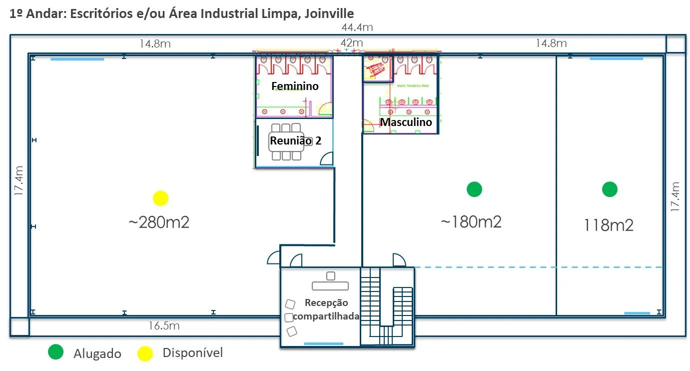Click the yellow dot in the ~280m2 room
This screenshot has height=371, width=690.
pyautogui.click(x=160, y=198)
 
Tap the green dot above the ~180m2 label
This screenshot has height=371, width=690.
pyautogui.click(x=474, y=189)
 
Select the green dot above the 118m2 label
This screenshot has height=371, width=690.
pyautogui.click(x=610, y=189)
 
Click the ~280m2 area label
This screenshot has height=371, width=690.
pyautogui.click(x=159, y=222)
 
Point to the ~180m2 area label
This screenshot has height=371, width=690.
pyautogui.click(x=471, y=221)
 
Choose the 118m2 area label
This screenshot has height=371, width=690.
pyautogui.click(x=609, y=225)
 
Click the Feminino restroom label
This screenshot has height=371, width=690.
pyautogui.click(x=295, y=86)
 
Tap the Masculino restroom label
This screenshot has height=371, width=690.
pyautogui.click(x=406, y=122)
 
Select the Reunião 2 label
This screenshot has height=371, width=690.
pyautogui.click(x=295, y=141)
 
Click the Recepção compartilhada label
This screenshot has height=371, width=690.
pyautogui.click(x=326, y=309)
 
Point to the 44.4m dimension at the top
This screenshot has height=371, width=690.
pyautogui.click(x=357, y=27)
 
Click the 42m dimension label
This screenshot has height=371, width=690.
pyautogui.click(x=352, y=43)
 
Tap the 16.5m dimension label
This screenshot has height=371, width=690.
pyautogui.click(x=164, y=326)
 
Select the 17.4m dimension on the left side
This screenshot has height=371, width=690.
pyautogui.click(x=19, y=181)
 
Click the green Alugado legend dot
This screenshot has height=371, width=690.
pyautogui.click(x=56, y=352)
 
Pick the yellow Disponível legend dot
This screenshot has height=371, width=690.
pyautogui.click(x=145, y=353)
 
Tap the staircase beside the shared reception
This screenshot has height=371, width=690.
pyautogui.click(x=387, y=306)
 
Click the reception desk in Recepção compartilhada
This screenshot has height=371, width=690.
pyautogui.click(x=330, y=285)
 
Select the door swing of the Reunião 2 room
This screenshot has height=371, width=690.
pyautogui.click(x=326, y=159)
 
